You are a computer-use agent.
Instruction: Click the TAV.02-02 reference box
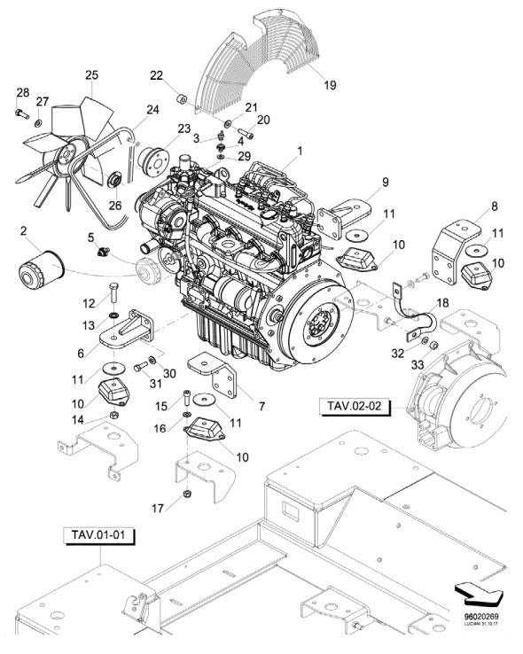[355, 407]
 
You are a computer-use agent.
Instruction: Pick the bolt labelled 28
[19, 113]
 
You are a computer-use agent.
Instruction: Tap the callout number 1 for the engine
[299, 152]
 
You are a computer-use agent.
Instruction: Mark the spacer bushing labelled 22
[180, 97]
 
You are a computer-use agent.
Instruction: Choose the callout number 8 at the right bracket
[494, 206]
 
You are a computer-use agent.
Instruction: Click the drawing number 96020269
[481, 622]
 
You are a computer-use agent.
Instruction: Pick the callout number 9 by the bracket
[386, 183]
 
